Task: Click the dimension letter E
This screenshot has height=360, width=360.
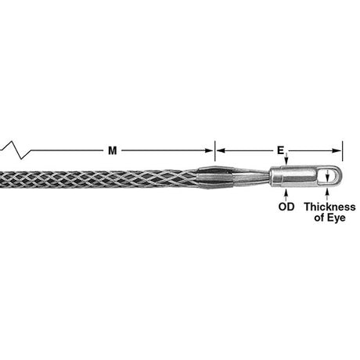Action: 281,149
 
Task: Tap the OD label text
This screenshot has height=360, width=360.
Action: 286,208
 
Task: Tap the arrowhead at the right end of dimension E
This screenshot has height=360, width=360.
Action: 338,149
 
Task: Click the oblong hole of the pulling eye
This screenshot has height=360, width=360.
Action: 329,177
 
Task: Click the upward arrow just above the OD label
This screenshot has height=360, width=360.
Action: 286,196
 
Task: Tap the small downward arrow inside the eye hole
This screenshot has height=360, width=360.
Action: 328,173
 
